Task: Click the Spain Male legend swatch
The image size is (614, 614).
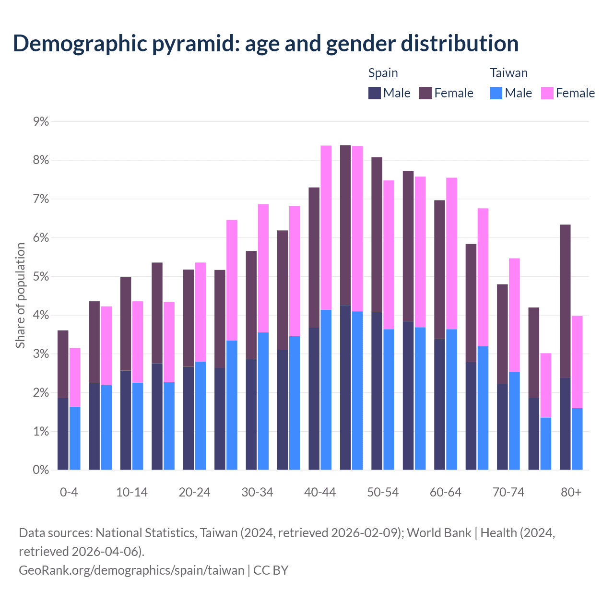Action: pos(375,93)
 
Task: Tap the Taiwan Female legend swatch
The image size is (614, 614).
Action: pos(547,93)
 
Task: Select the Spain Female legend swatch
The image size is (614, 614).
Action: pos(425,93)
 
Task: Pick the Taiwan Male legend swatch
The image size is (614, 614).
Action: pos(496,93)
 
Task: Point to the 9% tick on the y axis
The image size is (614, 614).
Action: pos(41,121)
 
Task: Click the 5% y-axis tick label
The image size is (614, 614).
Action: pos(41,277)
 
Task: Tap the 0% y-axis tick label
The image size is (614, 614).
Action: pos(41,470)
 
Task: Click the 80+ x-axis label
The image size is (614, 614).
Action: pos(571,493)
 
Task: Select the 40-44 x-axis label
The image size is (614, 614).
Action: pos(320,493)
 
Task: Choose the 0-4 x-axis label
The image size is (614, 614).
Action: pos(69,493)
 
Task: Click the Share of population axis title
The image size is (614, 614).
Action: pos(20,295)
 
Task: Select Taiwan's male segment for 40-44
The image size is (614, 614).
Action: pos(326,390)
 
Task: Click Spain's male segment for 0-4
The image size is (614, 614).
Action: pos(63,434)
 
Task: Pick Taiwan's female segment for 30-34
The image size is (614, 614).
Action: pos(263,268)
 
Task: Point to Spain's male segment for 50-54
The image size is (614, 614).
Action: pos(377,391)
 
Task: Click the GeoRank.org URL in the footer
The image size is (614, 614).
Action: pos(131,570)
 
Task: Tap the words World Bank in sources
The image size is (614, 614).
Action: pos(439,533)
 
